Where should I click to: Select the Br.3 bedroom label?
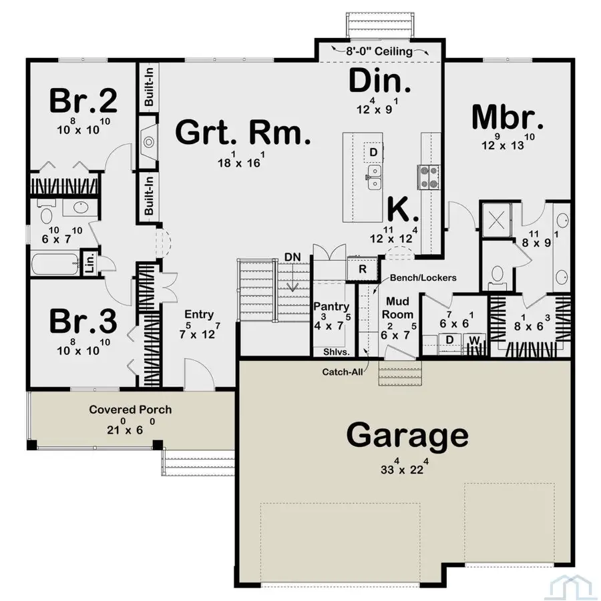click(x=84, y=322)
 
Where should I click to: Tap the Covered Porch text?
click(x=130, y=410)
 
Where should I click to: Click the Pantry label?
click(x=332, y=306)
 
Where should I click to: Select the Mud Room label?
click(x=398, y=308)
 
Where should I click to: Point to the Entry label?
click(x=199, y=315)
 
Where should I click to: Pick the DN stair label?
click(x=292, y=256)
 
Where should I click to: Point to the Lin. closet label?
click(x=87, y=261)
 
